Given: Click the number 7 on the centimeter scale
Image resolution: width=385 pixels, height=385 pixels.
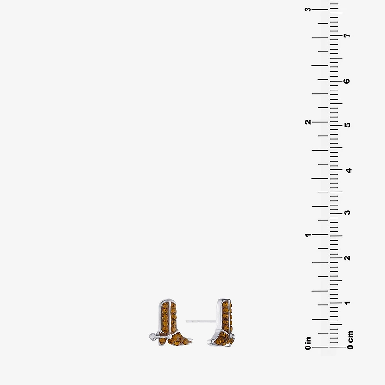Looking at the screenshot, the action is pos(347,35).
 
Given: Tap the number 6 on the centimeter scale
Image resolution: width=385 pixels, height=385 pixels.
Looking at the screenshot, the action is pos(347,81).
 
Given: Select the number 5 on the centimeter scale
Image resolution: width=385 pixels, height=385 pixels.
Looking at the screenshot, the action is pos(347,125).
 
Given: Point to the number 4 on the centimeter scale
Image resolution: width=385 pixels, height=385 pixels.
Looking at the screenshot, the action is pos(348,170).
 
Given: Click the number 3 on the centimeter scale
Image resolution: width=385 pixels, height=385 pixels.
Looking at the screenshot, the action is pos(347,212).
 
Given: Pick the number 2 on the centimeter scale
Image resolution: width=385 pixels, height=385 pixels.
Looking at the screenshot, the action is pos(347,258).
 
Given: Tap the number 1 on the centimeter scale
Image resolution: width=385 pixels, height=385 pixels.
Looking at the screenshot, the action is pos(347,303).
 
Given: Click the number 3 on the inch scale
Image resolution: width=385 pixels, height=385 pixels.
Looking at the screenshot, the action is pos(308,9).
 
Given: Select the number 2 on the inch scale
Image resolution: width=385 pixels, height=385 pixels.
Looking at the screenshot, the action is pos(308,122).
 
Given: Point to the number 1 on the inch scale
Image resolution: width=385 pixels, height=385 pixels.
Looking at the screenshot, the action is pos(308,235).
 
